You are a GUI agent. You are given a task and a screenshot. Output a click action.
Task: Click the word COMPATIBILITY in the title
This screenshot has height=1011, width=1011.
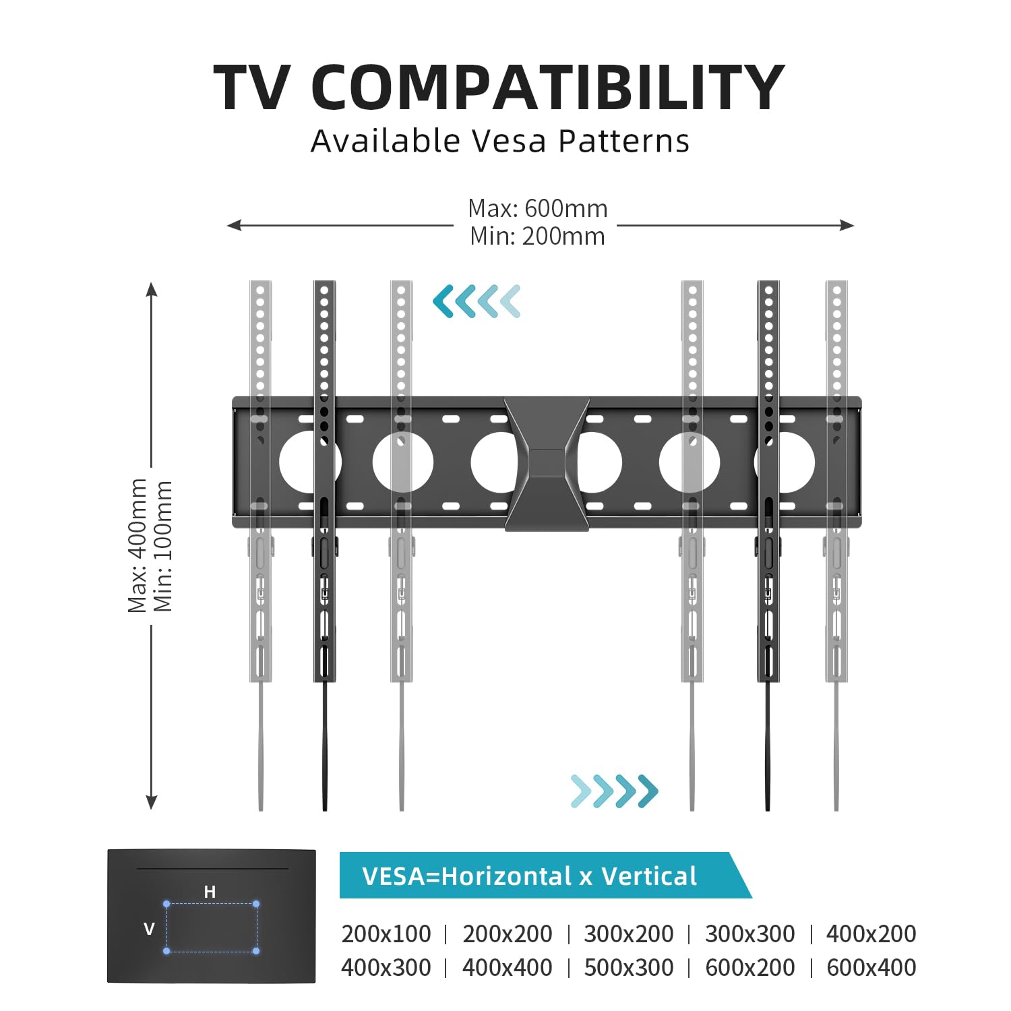pyautogui.click(x=548, y=88)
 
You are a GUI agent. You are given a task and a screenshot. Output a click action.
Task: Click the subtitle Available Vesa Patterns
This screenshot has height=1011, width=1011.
pyautogui.click(x=500, y=141)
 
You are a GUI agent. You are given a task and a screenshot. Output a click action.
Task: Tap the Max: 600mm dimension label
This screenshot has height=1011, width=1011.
pyautogui.click(x=538, y=208)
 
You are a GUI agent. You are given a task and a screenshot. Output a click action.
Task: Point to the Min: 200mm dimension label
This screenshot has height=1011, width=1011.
pyautogui.click(x=538, y=236)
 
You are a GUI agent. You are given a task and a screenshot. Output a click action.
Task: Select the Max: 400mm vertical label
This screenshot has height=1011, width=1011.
pyautogui.click(x=137, y=546)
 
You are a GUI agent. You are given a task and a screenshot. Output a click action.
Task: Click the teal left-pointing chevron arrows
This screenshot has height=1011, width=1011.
pyautogui.click(x=477, y=301)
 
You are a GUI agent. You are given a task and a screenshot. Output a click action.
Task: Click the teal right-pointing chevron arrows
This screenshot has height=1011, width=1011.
pyautogui.click(x=614, y=791)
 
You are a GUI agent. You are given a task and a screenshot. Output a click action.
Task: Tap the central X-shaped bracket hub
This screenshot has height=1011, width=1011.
pyautogui.click(x=547, y=464)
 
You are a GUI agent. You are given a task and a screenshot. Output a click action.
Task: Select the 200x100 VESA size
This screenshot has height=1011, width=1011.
pyautogui.click(x=386, y=933)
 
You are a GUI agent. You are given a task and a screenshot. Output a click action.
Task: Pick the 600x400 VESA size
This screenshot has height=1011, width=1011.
pyautogui.click(x=871, y=967)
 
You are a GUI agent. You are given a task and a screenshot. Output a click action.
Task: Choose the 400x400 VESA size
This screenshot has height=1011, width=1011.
pyautogui.click(x=508, y=967)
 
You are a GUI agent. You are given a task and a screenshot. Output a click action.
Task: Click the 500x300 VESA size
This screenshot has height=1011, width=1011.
pyautogui.click(x=629, y=967)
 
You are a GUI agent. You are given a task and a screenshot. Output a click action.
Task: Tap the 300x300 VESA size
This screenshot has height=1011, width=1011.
pyautogui.click(x=750, y=933)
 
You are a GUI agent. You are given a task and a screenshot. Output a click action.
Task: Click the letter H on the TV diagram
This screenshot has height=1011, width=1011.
pyautogui.click(x=210, y=892)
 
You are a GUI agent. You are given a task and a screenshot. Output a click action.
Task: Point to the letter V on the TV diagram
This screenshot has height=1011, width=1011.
pyautogui.click(x=149, y=929)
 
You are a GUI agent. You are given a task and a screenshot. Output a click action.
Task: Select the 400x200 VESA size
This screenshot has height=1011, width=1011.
pyautogui.click(x=871, y=933)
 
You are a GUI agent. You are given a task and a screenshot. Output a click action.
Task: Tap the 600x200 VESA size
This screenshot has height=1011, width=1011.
pyautogui.click(x=750, y=967)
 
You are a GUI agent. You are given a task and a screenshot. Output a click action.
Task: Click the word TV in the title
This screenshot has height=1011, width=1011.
pyautogui.click(x=252, y=88)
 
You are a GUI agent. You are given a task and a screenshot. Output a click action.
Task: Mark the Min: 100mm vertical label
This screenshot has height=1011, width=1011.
pyautogui.click(x=164, y=546)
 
